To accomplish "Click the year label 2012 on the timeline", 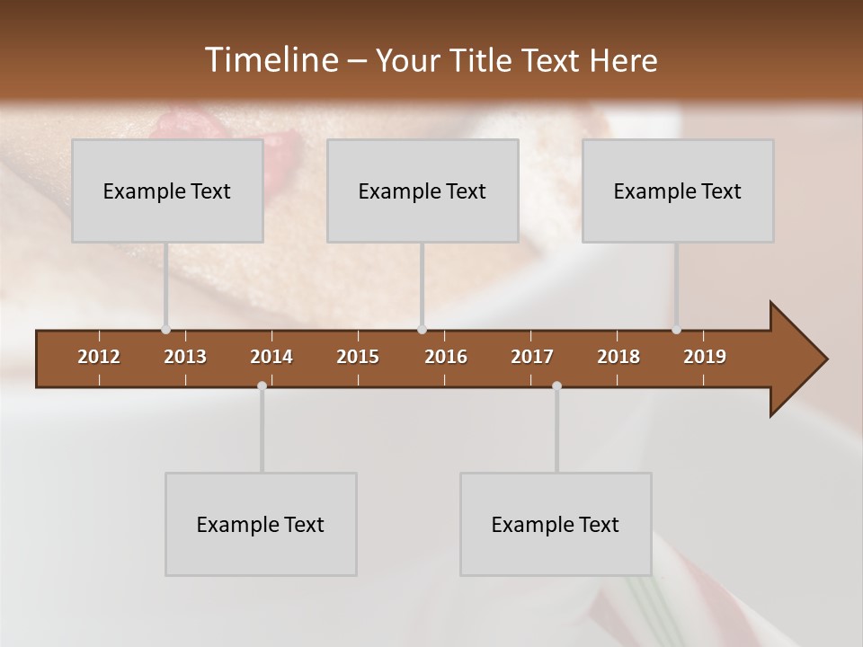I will pos(99,357).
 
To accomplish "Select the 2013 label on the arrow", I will pos(185,357).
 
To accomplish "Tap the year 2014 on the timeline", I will pos(271,357).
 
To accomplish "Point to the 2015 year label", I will pos(358,357).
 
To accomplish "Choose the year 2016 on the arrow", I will pos(446,357).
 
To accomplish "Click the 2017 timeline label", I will pos(532,357).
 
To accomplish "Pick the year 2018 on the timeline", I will pos(618,357).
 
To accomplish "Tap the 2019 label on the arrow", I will pos(705,357).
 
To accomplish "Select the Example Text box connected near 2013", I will pos(167,191).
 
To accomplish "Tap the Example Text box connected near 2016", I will pos(423,191).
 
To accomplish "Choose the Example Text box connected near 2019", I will pos(678,191).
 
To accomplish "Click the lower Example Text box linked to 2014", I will pos(261,524).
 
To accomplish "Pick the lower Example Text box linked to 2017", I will pos(556,524).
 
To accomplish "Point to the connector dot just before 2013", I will pos(165,330).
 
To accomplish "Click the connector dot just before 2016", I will pos(423,330).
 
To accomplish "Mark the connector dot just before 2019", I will pos(677,330).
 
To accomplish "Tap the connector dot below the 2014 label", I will pos(262,386).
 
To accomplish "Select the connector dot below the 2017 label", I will pos(556,386).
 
